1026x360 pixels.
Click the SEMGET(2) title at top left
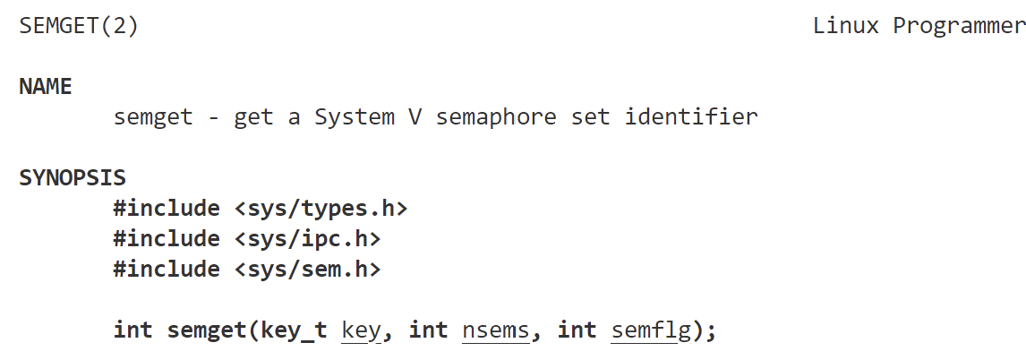(79, 26)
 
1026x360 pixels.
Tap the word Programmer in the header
(958, 26)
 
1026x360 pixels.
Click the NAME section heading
(46, 87)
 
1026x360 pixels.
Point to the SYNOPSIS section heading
(73, 177)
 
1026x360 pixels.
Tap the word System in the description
(354, 117)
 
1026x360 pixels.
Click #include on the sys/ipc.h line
(167, 239)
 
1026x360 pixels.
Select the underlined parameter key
(362, 330)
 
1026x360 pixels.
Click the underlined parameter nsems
(495, 330)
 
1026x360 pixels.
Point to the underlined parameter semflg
(651, 330)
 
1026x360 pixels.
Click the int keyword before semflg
(577, 330)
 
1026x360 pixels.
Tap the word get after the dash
(253, 117)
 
